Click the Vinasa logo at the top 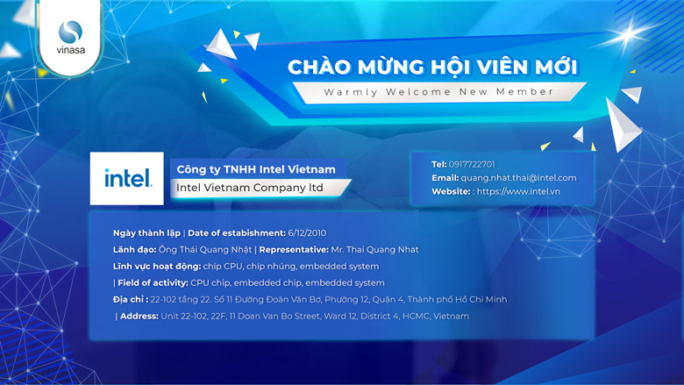click(x=70, y=37)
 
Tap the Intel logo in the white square click(x=128, y=178)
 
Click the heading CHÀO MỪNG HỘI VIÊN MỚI click(x=432, y=68)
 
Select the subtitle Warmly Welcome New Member click(x=438, y=92)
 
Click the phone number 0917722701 click(x=472, y=164)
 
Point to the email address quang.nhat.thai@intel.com click(x=518, y=178)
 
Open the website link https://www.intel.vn click(x=518, y=191)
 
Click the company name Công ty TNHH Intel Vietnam click(x=256, y=169)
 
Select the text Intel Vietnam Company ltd click(x=250, y=188)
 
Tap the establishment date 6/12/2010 click(x=307, y=232)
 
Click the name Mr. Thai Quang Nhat click(x=374, y=250)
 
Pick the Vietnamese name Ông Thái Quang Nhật click(x=205, y=250)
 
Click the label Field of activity click(x=153, y=283)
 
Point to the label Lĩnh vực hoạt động click(x=157, y=267)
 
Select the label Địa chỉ click(x=131, y=300)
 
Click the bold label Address click(x=139, y=316)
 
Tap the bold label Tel click(x=439, y=164)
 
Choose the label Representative click(x=294, y=250)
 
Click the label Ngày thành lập click(x=146, y=233)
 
